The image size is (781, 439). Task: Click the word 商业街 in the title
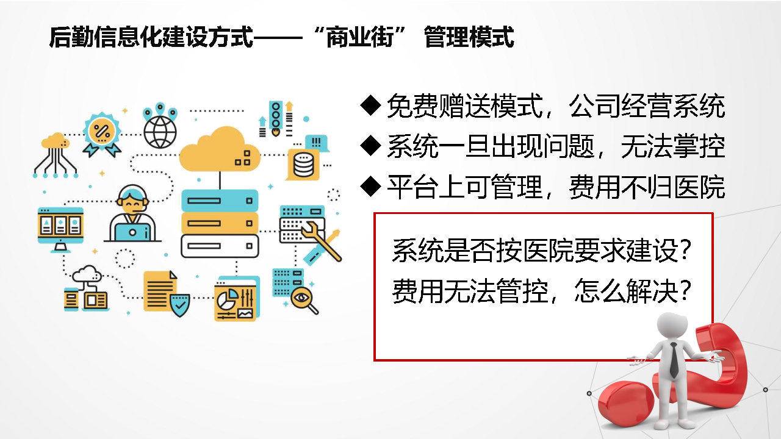361,37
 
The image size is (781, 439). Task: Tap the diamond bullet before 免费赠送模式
370,105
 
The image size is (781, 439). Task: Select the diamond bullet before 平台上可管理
370,187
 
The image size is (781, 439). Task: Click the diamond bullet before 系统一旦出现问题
370,146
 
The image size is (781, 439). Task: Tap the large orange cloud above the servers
219,150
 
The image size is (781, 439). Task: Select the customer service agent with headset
132,213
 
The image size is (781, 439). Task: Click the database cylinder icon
303,165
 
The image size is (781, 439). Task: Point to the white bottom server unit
220,246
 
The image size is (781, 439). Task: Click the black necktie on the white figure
674,360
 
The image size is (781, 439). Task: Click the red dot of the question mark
626,403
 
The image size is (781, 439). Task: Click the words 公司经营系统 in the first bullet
647,105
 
